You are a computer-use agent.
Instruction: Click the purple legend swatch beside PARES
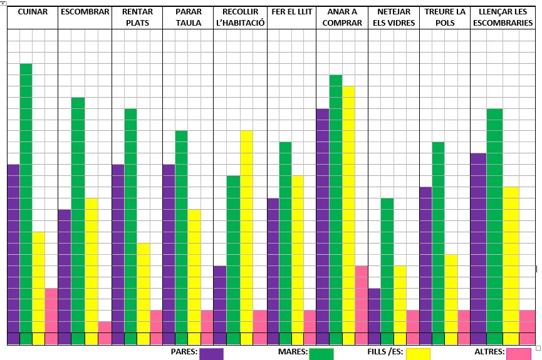point(211,354)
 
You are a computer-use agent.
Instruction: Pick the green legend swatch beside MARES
point(321,354)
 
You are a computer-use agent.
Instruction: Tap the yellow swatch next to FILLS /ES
point(419,354)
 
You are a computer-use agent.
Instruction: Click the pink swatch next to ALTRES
point(519,354)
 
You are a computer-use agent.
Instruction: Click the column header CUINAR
point(33,12)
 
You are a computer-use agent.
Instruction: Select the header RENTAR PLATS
point(138,18)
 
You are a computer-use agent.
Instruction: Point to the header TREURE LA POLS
point(444,18)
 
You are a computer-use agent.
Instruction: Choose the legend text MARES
point(292,352)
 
